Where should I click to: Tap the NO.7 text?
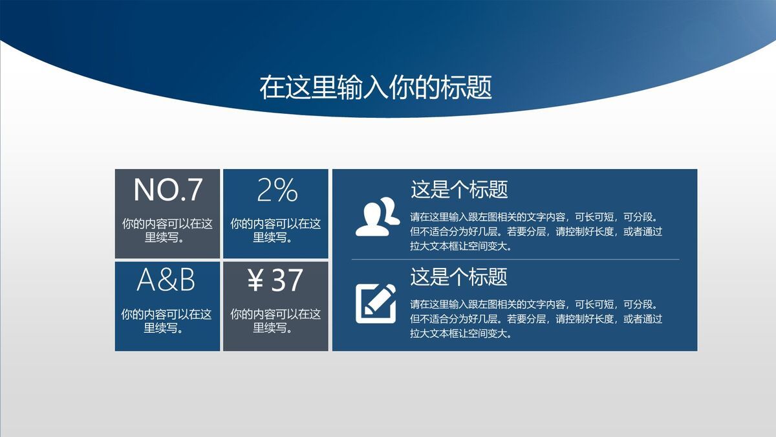[167, 190]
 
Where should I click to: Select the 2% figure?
[277, 190]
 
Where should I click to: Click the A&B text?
[166, 280]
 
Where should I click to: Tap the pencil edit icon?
[375, 303]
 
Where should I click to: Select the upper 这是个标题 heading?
[459, 190]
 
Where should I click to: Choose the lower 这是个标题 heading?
[459, 277]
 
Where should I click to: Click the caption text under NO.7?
[167, 230]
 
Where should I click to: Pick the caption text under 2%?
[275, 230]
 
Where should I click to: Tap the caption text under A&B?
[166, 321]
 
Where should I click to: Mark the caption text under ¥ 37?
[275, 321]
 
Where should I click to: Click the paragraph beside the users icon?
[536, 231]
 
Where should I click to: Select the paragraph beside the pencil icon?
[536, 319]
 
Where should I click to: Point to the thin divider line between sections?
[515, 260]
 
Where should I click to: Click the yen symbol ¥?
[255, 280]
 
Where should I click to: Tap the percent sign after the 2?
[286, 190]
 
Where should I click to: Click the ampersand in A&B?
[166, 280]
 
